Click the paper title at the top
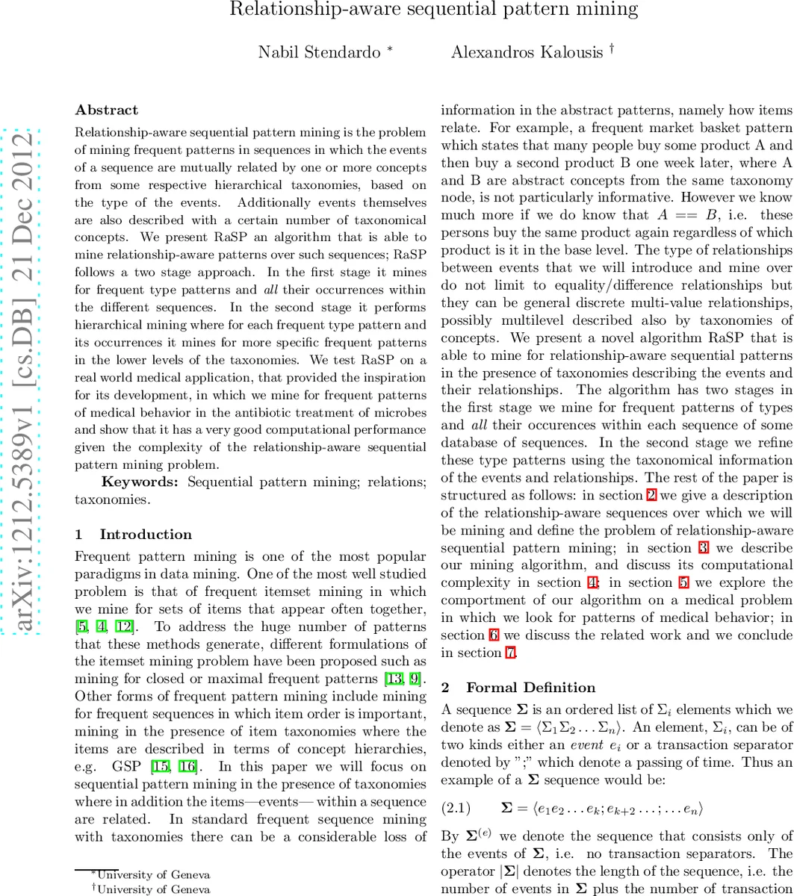(x=433, y=10)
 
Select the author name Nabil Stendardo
(x=318, y=52)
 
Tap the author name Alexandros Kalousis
(x=527, y=52)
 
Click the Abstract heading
(x=107, y=111)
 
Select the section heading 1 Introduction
(x=134, y=535)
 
